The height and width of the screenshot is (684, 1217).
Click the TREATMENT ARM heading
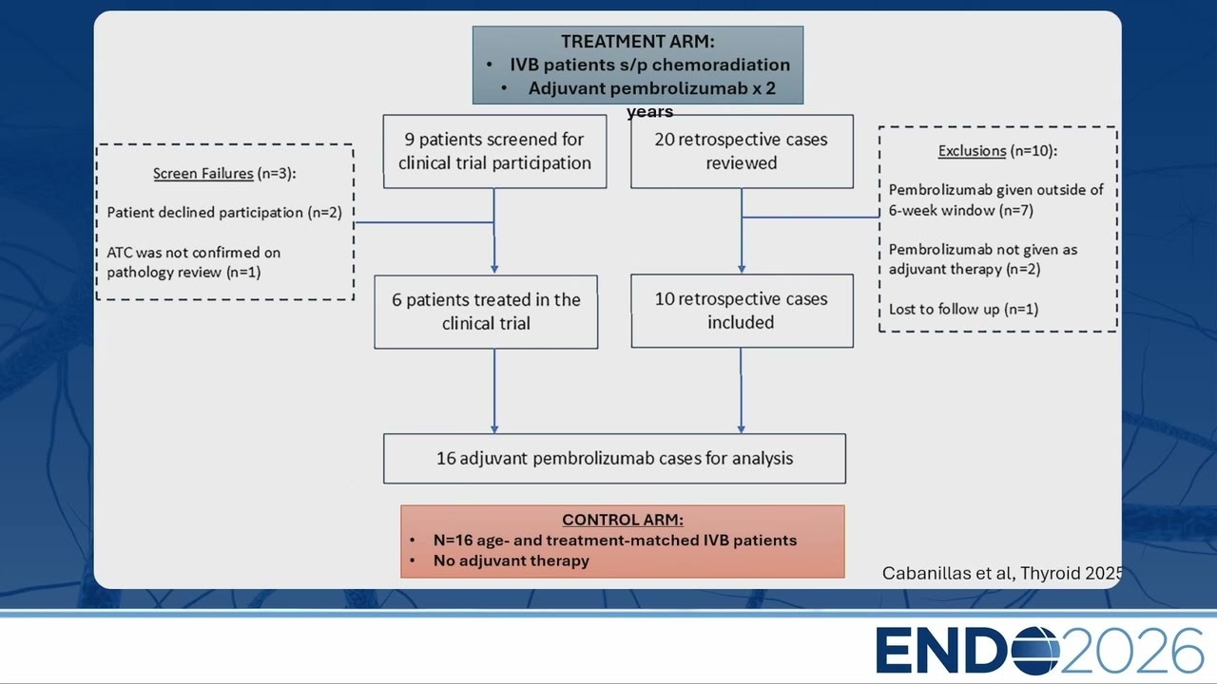point(638,41)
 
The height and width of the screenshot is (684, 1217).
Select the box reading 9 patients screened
point(494,151)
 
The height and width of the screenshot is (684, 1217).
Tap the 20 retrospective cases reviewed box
point(742,151)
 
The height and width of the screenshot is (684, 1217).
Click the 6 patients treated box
point(486,312)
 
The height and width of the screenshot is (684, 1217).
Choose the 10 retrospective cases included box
point(742,311)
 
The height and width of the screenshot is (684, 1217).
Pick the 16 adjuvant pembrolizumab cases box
point(614,458)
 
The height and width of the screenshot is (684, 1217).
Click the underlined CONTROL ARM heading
point(623,520)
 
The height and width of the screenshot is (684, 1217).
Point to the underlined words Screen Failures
point(203,173)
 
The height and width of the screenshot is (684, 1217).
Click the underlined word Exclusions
point(972,150)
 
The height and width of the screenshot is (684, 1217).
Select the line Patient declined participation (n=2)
point(224,212)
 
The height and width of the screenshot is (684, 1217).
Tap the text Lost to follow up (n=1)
point(964,309)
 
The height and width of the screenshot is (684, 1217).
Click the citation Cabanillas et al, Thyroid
point(1002,573)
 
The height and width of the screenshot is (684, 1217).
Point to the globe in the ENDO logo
point(1035,651)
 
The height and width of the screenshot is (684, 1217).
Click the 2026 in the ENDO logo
point(1132,651)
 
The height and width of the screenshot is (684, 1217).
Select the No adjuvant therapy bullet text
point(511,560)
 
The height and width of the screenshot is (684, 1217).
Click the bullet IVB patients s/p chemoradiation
point(649,65)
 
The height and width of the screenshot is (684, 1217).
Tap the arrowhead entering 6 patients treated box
point(494,269)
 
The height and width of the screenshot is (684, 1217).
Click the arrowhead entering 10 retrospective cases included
point(742,269)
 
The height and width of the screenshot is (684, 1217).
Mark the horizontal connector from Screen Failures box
point(424,222)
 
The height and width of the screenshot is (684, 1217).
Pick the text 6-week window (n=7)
point(961,210)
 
